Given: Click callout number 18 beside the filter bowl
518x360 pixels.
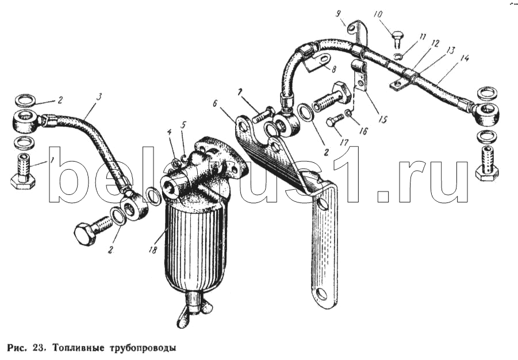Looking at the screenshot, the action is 152,250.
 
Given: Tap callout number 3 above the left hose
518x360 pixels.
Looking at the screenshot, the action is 99,97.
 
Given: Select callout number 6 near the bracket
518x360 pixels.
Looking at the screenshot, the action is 215,104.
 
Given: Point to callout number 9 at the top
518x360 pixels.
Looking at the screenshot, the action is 338,14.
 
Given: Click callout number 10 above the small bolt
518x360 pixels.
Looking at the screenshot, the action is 378,15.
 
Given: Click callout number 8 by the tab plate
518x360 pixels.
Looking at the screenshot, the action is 333,69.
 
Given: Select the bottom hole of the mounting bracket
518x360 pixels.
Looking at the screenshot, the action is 322,293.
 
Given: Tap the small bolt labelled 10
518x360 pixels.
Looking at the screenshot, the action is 397,39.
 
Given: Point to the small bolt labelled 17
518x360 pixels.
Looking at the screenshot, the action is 334,121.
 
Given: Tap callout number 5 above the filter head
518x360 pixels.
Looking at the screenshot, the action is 183,125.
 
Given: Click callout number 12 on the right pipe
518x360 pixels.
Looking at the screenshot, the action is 435,43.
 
